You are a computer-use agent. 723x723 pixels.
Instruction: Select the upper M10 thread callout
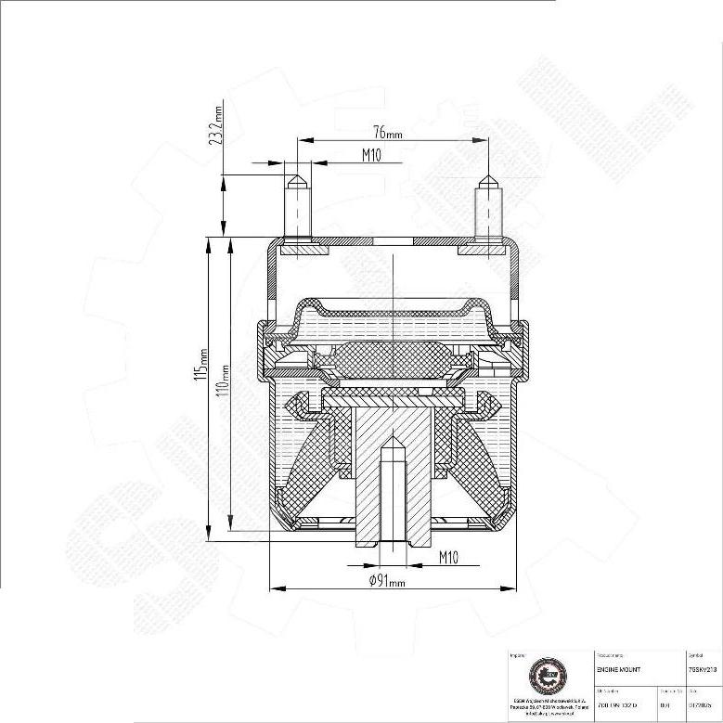pos(374,154)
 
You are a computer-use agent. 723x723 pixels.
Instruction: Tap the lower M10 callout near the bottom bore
pos(448,557)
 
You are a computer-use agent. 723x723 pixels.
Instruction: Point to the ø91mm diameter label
pos(387,581)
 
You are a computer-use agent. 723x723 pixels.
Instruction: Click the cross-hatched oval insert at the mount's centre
pos(394,357)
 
